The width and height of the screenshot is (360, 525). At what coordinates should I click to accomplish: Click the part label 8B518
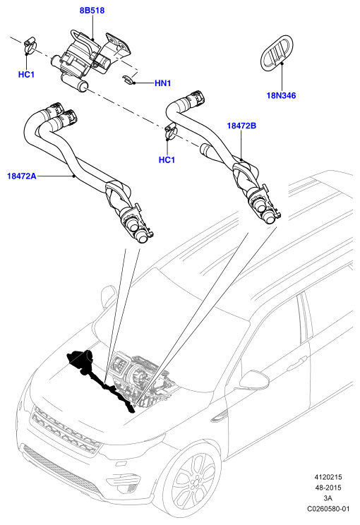92,11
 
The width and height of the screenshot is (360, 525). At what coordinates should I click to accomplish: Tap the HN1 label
163,83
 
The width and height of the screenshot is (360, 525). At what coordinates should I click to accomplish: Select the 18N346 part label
282,95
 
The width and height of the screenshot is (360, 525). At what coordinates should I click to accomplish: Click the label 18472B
241,126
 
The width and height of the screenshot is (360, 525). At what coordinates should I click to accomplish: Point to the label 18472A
22,176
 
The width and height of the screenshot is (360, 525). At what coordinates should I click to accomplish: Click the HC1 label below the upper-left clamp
26,74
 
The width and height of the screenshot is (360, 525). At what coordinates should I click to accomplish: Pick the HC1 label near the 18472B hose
167,159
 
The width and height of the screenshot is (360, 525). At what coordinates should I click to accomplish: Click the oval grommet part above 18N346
277,52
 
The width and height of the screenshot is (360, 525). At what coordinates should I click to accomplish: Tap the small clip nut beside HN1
128,80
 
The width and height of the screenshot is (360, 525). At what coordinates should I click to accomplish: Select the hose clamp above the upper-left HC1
30,47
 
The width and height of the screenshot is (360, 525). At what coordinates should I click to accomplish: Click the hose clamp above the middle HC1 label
171,131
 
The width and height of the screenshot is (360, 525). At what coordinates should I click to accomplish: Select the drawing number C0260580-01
328,509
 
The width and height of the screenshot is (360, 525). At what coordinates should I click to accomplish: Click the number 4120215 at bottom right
328,477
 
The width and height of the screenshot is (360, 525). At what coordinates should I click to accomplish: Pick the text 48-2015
328,488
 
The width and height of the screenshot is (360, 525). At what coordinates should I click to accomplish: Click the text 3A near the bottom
328,498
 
